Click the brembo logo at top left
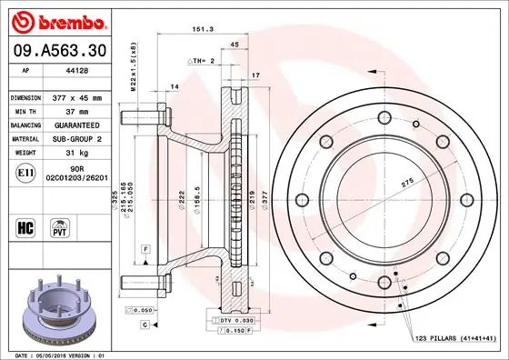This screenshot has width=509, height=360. coord(56,20)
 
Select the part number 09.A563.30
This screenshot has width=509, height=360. coord(55,50)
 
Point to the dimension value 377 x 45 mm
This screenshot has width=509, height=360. coord(88,96)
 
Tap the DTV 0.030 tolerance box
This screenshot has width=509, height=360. coord(232,321)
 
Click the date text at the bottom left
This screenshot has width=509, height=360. coord(57,354)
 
